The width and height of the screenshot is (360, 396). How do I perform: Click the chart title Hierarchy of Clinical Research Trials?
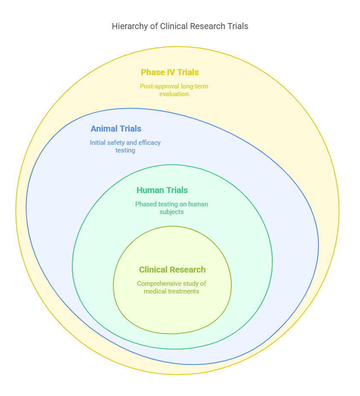[180, 26]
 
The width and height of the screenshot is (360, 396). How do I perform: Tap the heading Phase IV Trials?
[170, 72]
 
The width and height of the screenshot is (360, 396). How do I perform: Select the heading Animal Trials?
[116, 129]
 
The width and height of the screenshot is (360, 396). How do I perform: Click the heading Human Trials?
[162, 190]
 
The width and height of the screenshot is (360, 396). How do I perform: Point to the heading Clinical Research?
[172, 270]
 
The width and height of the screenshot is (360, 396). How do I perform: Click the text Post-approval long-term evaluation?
[174, 90]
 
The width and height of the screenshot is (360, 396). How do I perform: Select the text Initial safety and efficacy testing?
[125, 147]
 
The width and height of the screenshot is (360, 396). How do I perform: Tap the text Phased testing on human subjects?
[171, 208]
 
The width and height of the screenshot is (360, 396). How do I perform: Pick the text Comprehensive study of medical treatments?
[171, 287]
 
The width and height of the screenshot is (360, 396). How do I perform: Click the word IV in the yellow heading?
[171, 72]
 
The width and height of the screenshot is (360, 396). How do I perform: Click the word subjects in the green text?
[171, 212]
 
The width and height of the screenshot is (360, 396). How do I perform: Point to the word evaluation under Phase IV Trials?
[174, 94]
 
